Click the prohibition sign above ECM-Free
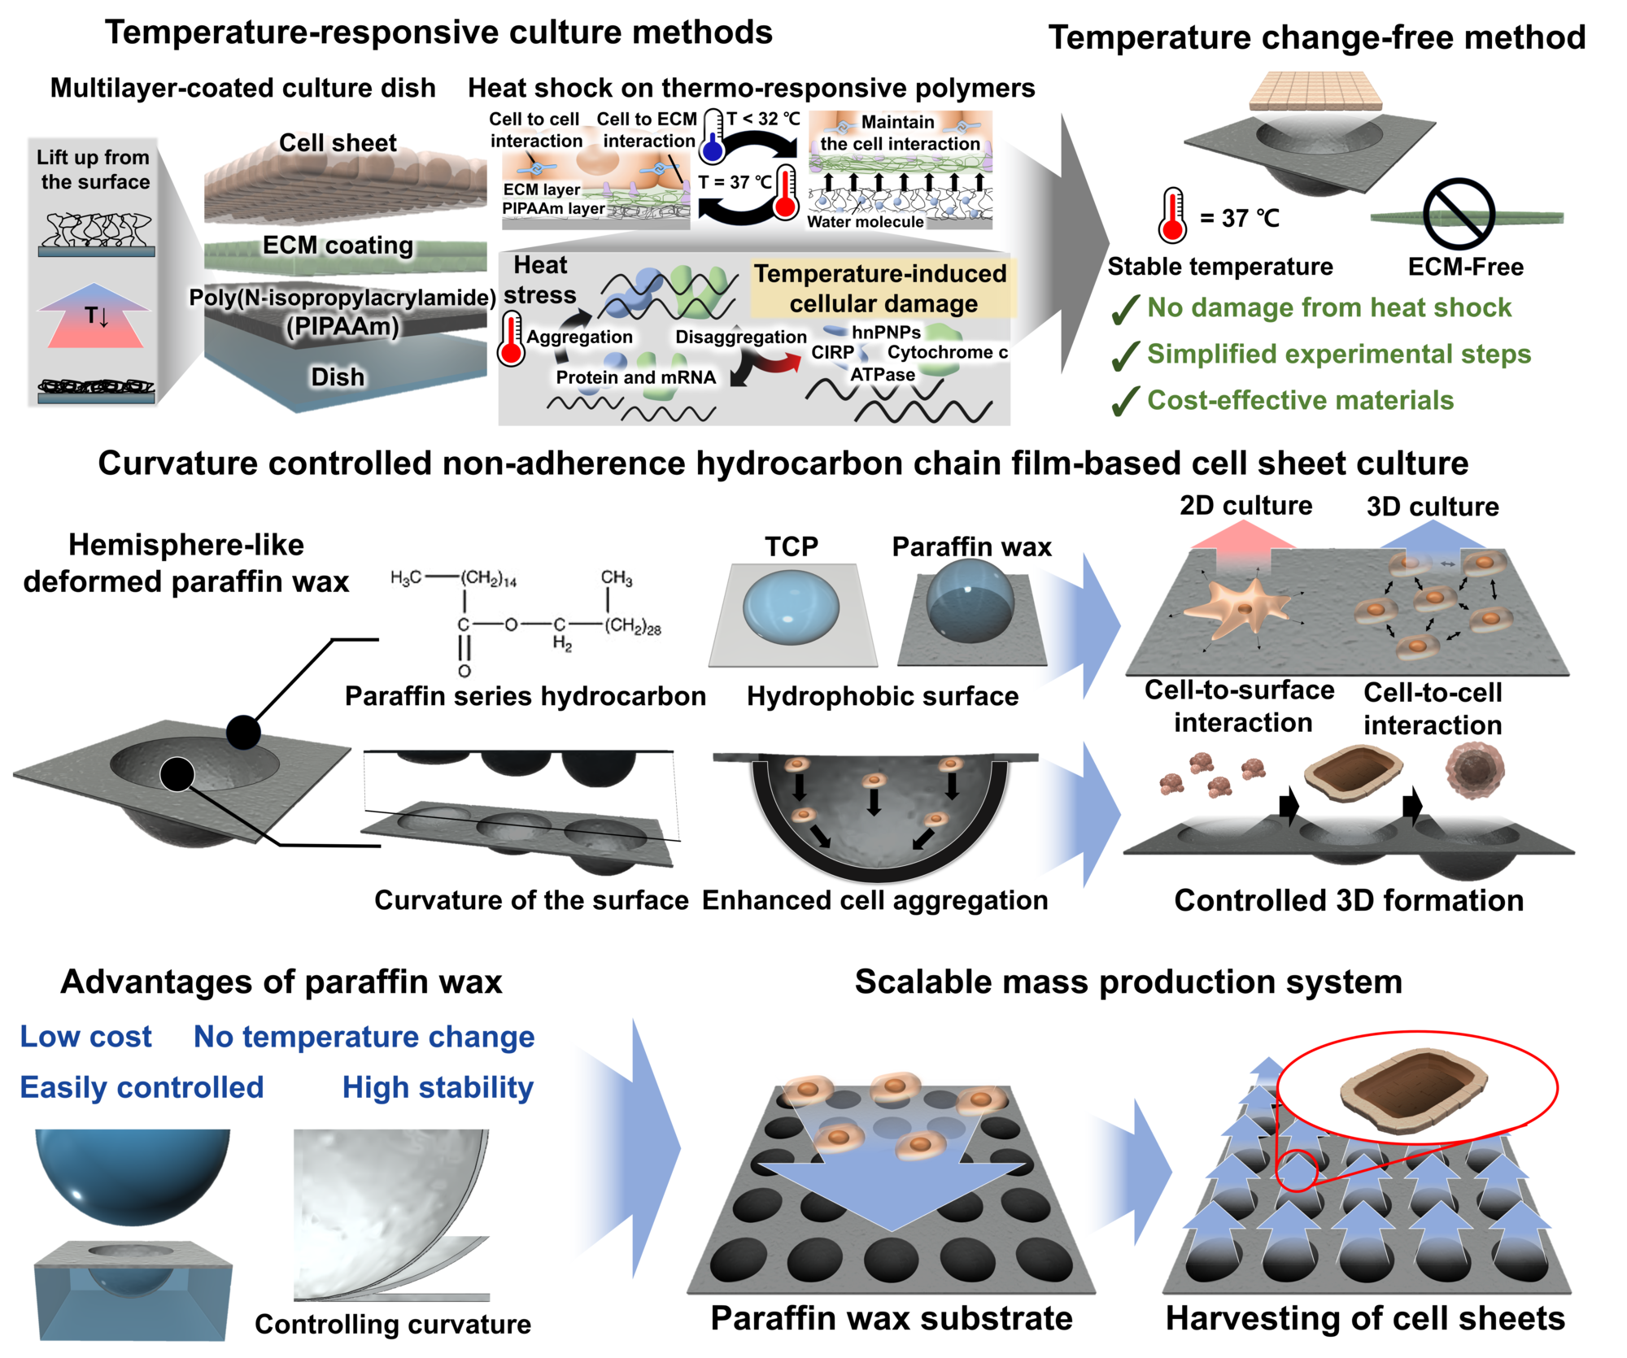(1459, 214)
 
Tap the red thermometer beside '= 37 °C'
(1172, 215)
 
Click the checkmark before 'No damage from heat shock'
(1125, 310)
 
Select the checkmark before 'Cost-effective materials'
(1125, 401)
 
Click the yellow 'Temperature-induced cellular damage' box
(883, 289)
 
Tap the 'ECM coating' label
(338, 245)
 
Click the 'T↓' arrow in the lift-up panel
(95, 316)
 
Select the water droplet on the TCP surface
(791, 606)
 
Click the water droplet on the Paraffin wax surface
(970, 600)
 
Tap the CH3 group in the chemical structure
(616, 578)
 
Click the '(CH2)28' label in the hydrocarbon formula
(632, 627)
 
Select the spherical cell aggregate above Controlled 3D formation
(1474, 770)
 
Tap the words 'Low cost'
(85, 1037)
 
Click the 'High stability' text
(438, 1088)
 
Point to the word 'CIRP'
(832, 353)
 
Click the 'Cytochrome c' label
(948, 353)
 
